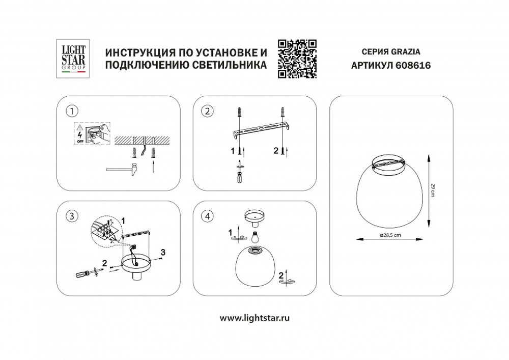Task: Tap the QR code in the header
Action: pos(298,59)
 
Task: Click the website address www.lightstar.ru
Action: pos(254,318)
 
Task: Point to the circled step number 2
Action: pos(207,111)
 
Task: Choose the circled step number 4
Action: pos(207,215)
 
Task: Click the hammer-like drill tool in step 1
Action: pos(122,169)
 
